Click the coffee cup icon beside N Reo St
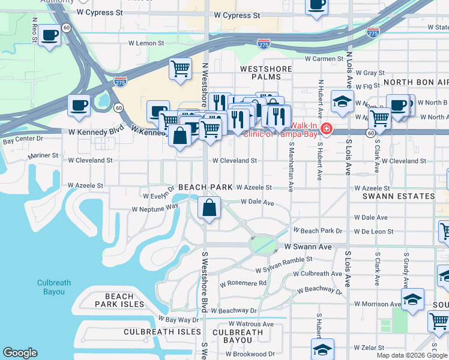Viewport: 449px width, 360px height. click(x=50, y=35)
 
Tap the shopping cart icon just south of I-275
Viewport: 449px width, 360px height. click(x=180, y=70)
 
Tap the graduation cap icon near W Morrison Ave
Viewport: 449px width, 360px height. click(x=412, y=299)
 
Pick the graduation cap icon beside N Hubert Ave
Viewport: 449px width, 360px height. click(x=342, y=101)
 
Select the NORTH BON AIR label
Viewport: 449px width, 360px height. click(x=415, y=82)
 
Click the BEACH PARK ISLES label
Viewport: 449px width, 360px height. click(x=119, y=300)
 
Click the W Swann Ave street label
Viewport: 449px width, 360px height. click(x=308, y=247)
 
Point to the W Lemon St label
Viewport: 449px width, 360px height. click(x=146, y=43)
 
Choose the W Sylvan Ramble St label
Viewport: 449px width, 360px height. click(x=284, y=259)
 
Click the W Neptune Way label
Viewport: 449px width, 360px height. click(x=155, y=207)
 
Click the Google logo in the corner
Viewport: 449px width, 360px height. click(x=20, y=353)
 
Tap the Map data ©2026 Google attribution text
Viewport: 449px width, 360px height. click(x=412, y=355)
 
